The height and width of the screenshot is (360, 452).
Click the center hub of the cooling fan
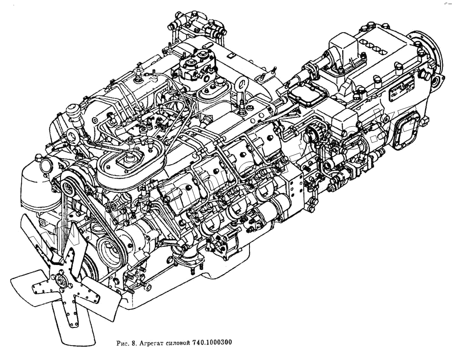[60, 283]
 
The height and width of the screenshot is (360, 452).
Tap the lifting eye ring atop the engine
[242, 84]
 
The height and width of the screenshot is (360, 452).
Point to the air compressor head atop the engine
[198, 66]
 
